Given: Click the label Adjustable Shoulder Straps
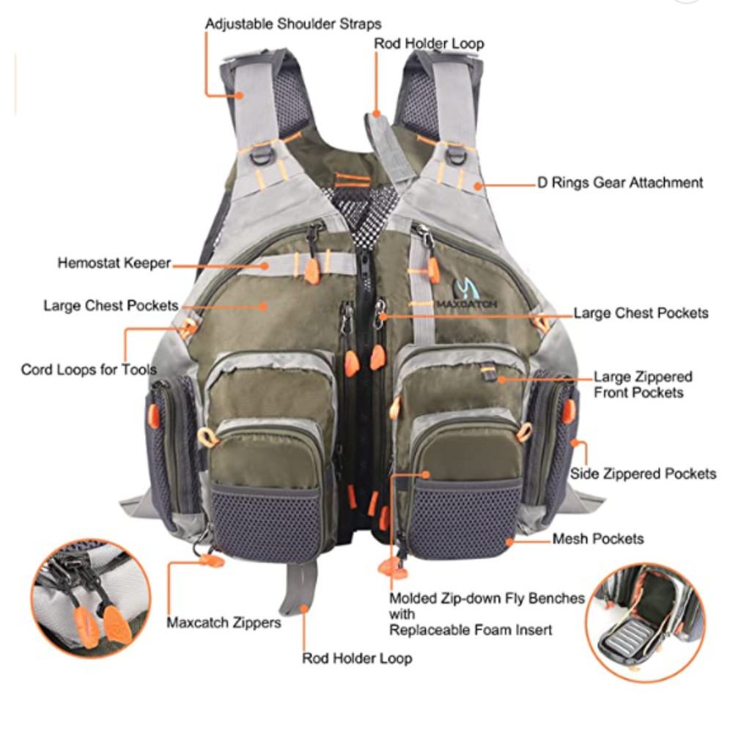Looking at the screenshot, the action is coord(293,24).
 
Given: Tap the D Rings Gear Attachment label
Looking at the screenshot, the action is coord(620,183).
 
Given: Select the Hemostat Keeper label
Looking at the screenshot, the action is coord(114,263).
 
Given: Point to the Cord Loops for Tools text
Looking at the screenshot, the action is coord(89,369).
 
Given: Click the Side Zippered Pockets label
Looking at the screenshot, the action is coord(643,474).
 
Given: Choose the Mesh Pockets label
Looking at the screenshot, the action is coord(598,539).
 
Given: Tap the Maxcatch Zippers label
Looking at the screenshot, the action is coord(224,622).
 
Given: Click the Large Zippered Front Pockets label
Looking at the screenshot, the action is coord(643,385).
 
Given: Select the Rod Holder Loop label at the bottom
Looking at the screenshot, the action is coord(357,659).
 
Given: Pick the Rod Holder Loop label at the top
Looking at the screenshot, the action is coord(429,43).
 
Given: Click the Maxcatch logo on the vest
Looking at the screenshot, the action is coord(465,294).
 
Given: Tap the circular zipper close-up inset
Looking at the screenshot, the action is coord(91,599).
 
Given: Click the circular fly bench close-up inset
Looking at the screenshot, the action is coord(646,622).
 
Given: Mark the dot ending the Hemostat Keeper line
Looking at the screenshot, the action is coord(265,266).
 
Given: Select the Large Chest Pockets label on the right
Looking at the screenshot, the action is coord(641,313).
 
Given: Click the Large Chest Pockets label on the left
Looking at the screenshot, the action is coord(111,306).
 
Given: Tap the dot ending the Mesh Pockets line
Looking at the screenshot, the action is coord(509,542).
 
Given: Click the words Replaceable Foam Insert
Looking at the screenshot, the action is coord(471,630).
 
